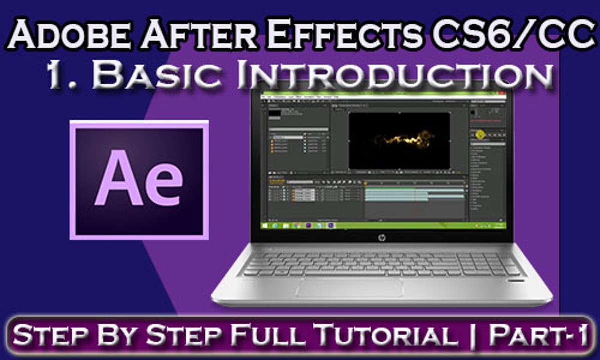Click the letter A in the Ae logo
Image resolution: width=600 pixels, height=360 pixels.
[x=118, y=180]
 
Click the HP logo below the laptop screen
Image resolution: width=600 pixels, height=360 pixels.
[x=382, y=236]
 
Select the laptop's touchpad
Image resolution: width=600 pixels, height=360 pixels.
[x=350, y=287]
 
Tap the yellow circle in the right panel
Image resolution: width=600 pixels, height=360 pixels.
[x=480, y=134]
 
